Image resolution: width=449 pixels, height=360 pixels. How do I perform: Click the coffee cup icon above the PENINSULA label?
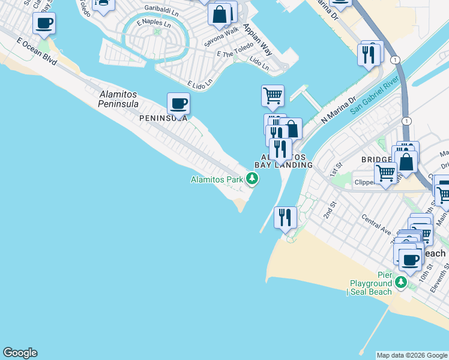pos(178,104)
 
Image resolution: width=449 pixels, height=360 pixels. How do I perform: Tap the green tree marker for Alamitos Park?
pos(253,179)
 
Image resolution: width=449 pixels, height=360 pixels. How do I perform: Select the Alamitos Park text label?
pos(217,179)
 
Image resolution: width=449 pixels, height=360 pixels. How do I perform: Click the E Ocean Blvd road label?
pos(37,52)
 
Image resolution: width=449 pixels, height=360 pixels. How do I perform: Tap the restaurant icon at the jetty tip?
pos(285,217)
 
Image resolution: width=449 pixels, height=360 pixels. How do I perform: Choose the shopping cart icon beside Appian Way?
pos(273,95)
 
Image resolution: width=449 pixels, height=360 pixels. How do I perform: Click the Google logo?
pos(20,353)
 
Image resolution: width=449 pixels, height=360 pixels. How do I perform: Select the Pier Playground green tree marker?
pos(401,281)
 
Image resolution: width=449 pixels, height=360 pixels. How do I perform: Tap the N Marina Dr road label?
pos(339,109)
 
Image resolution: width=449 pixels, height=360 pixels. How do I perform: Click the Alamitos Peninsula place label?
pos(118,99)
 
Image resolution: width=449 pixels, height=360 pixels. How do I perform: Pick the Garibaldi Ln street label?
pos(161,10)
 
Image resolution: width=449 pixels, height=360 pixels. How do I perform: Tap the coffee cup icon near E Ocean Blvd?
pos(44,24)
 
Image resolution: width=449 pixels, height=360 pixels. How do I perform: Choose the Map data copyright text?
pos(412,355)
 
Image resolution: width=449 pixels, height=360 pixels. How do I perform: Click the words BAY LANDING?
pos(284,164)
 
